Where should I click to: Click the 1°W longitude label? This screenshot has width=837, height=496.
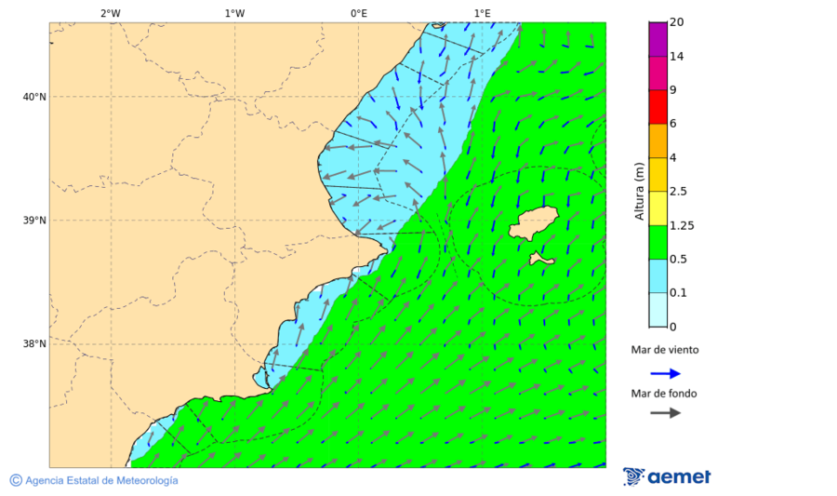(x=234, y=13)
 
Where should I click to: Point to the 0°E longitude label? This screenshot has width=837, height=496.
(x=358, y=13)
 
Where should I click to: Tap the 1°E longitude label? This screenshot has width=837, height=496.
(x=482, y=13)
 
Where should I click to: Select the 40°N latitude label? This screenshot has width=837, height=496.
(x=35, y=97)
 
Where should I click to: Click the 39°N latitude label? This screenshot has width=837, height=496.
(x=35, y=221)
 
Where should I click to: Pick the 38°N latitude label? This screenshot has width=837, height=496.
(x=35, y=344)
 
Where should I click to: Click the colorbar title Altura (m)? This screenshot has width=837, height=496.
(x=639, y=191)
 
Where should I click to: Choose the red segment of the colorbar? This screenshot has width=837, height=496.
(x=658, y=107)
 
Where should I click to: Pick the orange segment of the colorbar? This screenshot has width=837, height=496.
(x=658, y=141)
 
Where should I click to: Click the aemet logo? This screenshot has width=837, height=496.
(x=667, y=476)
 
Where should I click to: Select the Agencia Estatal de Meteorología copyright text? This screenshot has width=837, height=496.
(x=94, y=480)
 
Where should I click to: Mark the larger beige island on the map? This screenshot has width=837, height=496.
(x=534, y=223)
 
